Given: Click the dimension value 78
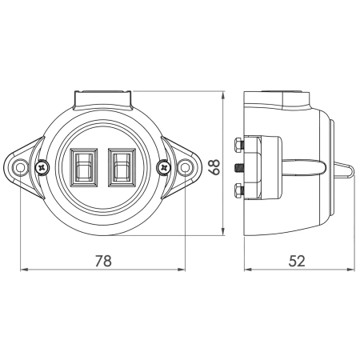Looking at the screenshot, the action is click(x=103, y=261).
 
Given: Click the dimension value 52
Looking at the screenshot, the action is click(x=297, y=261).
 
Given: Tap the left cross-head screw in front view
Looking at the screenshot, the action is click(x=42, y=168).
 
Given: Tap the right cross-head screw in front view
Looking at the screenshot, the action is click(x=164, y=168).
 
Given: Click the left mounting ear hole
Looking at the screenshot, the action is click(x=20, y=168).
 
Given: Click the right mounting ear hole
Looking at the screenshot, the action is click(x=185, y=168).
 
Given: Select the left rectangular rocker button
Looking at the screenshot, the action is click(x=83, y=168).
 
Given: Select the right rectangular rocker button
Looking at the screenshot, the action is click(x=122, y=168).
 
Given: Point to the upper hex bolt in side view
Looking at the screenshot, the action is click(x=238, y=145).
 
